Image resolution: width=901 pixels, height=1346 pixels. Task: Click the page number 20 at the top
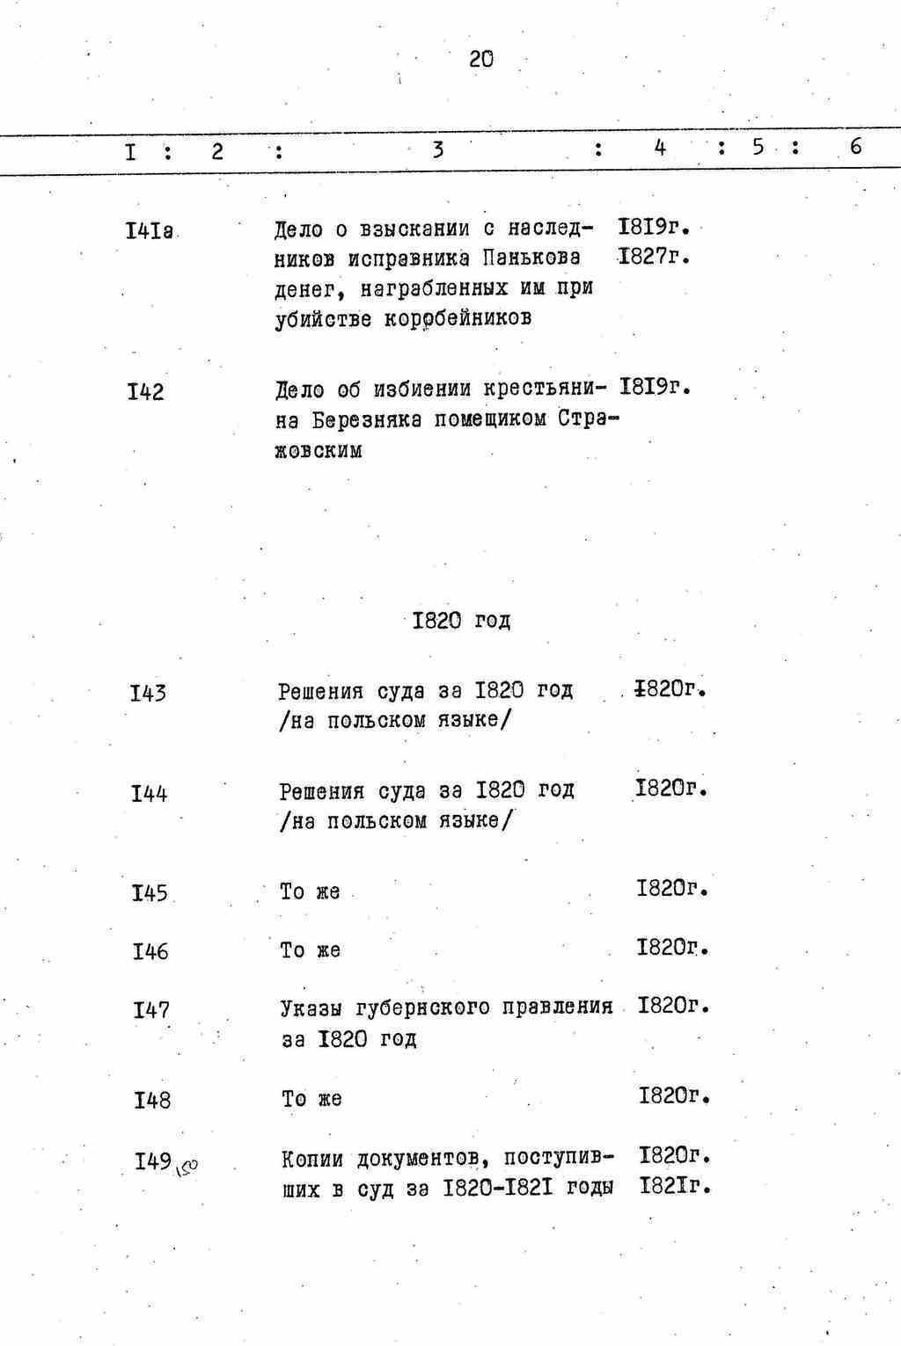pyautogui.click(x=481, y=60)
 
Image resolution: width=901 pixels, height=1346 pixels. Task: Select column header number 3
pyautogui.click(x=437, y=150)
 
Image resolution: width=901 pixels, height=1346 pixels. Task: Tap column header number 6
pyautogui.click(x=855, y=147)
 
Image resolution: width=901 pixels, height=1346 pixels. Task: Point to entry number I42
pyautogui.click(x=145, y=391)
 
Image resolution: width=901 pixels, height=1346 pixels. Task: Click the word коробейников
pyautogui.click(x=457, y=318)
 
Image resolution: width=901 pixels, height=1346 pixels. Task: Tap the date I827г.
pyautogui.click(x=652, y=257)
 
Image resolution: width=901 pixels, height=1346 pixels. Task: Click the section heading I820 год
pyautogui.click(x=461, y=621)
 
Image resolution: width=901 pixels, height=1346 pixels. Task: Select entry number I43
pyautogui.click(x=148, y=694)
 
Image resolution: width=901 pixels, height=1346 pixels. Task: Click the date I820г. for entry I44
pyautogui.click(x=670, y=788)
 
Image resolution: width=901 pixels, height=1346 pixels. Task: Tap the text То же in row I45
pyautogui.click(x=310, y=891)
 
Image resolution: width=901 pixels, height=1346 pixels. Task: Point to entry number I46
pyautogui.click(x=150, y=951)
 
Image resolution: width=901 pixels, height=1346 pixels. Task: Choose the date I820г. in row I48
pyautogui.click(x=673, y=1095)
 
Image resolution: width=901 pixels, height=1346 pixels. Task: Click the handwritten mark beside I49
pyautogui.click(x=187, y=1168)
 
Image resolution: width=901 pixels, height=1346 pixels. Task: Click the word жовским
pyautogui.click(x=318, y=451)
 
